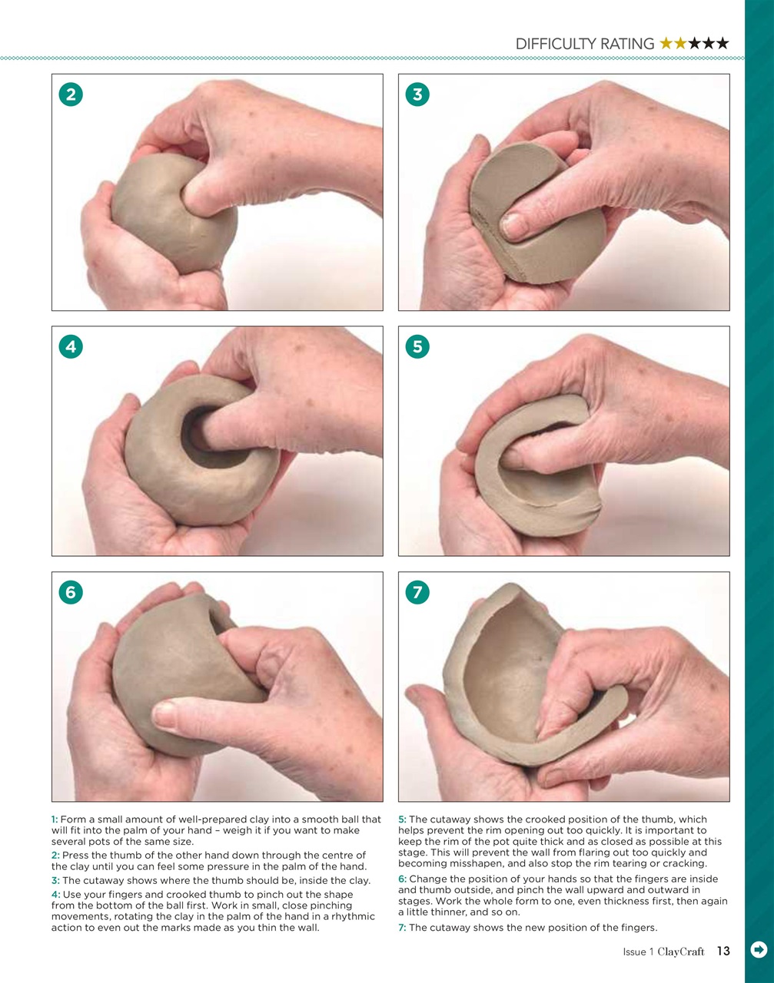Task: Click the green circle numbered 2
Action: (71, 94)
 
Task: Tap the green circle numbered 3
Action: (417, 94)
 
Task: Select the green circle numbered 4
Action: (71, 346)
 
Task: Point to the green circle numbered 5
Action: (417, 346)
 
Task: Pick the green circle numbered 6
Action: (71, 592)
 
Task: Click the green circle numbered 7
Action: (417, 592)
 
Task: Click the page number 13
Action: (723, 952)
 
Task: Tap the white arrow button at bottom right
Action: (758, 950)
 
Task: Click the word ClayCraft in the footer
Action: (681, 952)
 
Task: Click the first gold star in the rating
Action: (666, 44)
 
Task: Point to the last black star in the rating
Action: (722, 44)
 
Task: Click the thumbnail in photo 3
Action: (513, 225)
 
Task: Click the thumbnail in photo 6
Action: (166, 715)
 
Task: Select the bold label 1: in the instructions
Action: (55, 819)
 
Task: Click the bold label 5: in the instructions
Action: (402, 819)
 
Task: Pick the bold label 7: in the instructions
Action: (402, 928)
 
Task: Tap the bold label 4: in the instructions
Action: (55, 895)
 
